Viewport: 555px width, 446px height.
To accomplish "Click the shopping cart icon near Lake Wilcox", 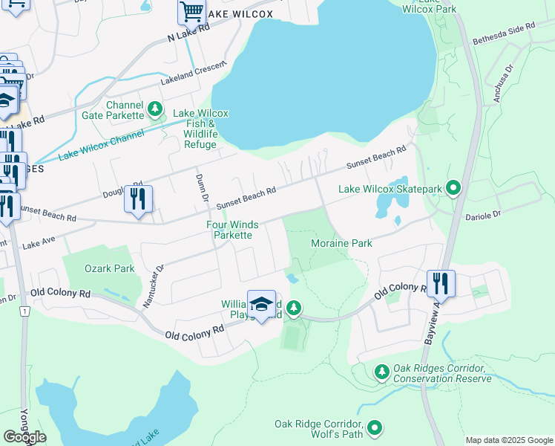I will click(191, 13).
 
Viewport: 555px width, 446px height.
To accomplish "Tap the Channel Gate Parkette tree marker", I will click(155, 110).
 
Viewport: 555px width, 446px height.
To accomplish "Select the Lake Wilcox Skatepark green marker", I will click(454, 189).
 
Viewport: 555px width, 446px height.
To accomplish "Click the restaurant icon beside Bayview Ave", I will click(440, 283).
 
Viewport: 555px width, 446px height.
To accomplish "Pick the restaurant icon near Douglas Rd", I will click(138, 199).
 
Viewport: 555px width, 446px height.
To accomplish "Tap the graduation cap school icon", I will click(261, 304).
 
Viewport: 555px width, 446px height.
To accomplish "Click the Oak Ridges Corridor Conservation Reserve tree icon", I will click(382, 370).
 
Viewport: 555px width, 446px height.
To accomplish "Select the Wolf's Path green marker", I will click(375, 427).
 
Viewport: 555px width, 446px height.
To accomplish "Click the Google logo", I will click(24, 436).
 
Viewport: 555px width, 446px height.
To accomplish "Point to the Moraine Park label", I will click(341, 244).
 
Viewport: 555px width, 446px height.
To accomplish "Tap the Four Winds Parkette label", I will click(232, 229).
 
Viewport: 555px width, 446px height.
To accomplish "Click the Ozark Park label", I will click(109, 268).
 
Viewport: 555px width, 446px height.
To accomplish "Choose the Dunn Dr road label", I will click(202, 187).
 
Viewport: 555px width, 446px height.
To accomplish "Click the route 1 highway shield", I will click(24, 311).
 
